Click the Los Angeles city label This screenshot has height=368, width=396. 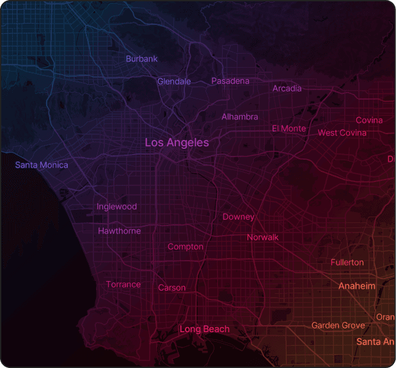177,142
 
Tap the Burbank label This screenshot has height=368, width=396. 141,59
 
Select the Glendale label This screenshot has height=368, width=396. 174,81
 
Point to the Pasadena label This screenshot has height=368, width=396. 230,81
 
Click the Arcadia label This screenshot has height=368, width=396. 287,88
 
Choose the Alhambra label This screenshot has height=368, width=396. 240,117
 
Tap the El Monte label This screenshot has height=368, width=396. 289,128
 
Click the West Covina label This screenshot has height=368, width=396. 342,133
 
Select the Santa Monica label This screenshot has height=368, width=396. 42,165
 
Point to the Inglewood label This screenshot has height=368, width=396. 116,206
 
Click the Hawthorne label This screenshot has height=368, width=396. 119,231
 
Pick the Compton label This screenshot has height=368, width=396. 186,247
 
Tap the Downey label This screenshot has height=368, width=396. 238,217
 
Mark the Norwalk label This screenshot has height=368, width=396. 263,237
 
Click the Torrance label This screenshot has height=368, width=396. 123,284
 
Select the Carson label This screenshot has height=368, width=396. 171,287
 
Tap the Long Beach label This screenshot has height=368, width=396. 204,329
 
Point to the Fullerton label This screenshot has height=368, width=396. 347,263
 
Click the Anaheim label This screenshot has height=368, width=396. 356,286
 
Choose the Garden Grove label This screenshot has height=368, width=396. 338,325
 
